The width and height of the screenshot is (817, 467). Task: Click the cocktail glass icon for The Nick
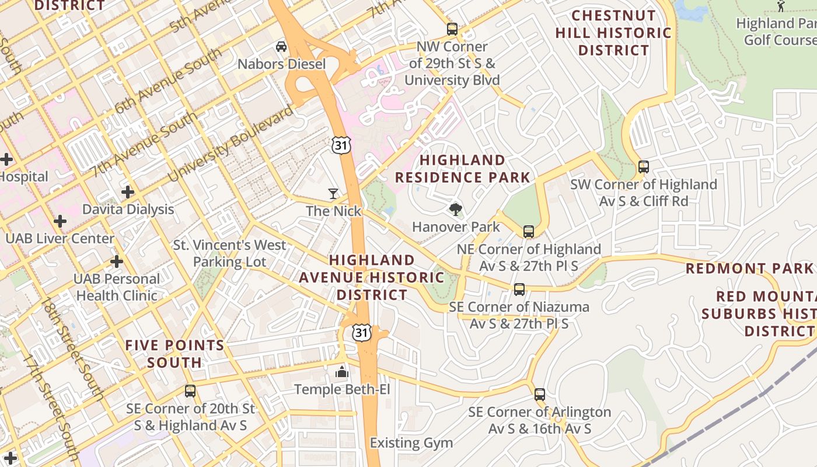click(x=333, y=193)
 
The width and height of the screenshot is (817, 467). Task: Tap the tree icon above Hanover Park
click(x=455, y=210)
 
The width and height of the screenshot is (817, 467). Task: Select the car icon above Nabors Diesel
click(x=281, y=46)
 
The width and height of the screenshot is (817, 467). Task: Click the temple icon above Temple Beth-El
click(x=341, y=372)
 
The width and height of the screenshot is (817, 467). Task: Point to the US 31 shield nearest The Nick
click(x=341, y=145)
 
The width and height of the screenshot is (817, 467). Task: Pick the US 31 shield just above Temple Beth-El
click(x=361, y=333)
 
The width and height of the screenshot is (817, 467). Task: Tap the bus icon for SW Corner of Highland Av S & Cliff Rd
click(x=643, y=167)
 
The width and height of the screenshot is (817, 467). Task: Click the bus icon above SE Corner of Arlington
click(x=540, y=395)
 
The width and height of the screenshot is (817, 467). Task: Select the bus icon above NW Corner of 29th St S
click(x=452, y=29)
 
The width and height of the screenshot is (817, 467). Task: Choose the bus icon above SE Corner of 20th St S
click(x=190, y=391)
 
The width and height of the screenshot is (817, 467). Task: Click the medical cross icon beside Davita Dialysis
click(x=128, y=191)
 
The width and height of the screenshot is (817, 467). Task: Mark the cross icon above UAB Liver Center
click(x=60, y=221)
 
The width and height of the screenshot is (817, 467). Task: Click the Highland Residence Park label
click(x=462, y=169)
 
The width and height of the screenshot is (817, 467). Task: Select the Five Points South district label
click(x=175, y=354)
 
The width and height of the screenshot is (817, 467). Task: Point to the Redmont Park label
click(x=749, y=269)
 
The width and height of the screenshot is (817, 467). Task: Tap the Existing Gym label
click(x=411, y=443)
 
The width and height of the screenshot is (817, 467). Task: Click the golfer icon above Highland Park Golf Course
click(x=781, y=6)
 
